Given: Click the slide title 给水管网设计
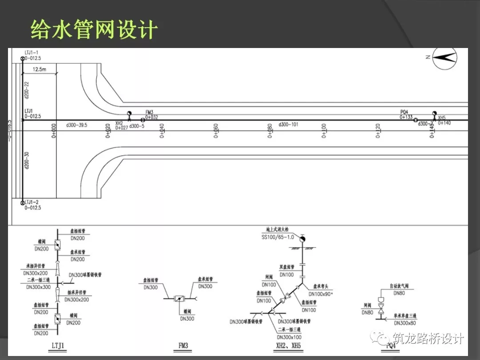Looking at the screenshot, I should tap(94, 30).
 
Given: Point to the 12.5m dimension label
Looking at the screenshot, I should tap(40, 70).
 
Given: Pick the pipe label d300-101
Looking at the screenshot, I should tap(288, 125).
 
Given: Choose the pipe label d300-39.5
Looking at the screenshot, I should tap(76, 125).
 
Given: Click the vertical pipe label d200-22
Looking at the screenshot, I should tap(27, 90).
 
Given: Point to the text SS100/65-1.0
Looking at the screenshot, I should tap(278, 237).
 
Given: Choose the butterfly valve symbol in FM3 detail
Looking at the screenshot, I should tap(180, 299).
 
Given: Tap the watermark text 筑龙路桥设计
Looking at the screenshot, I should tap(428, 339).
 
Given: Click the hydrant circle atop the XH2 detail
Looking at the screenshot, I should tap(302, 239).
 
